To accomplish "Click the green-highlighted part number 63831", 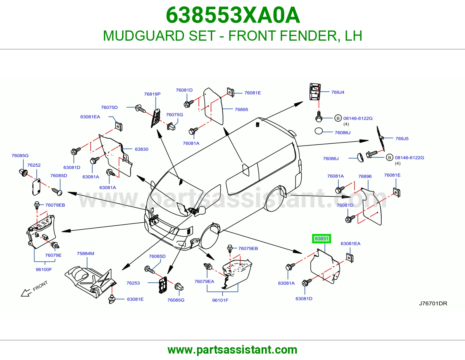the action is (x=321, y=239).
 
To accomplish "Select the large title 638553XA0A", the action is (x=233, y=15).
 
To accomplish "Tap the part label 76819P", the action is (x=152, y=94).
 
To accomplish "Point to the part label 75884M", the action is (x=85, y=253).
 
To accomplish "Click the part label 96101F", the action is (x=220, y=300).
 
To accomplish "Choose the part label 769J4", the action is (x=338, y=92).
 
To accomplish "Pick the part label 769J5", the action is (x=402, y=138).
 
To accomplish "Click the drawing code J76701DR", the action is (x=433, y=303).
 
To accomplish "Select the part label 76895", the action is (x=242, y=109).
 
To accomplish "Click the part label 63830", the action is (x=142, y=149).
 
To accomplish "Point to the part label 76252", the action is (x=34, y=165).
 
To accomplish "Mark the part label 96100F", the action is (x=44, y=269).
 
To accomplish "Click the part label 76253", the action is (x=133, y=283).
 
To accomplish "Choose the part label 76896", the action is (x=365, y=176).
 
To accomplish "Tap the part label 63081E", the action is (x=135, y=299).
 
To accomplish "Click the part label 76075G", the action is (x=174, y=115).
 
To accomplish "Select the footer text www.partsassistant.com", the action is (x=233, y=350).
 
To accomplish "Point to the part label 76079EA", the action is (x=204, y=281).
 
